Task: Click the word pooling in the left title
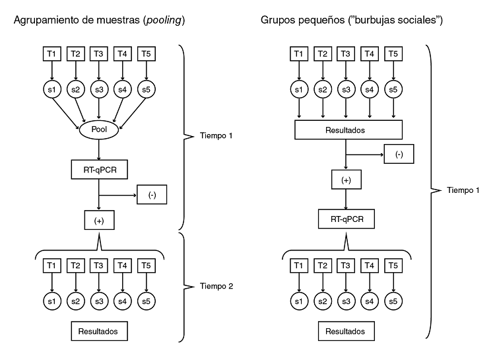[164, 21]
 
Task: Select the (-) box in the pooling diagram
[152, 196]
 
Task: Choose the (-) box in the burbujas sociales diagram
[400, 155]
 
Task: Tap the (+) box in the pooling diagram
[98, 220]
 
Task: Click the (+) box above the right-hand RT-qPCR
[345, 179]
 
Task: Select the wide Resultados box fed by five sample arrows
[345, 131]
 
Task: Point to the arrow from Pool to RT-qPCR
[98, 149]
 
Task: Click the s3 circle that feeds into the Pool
[98, 89]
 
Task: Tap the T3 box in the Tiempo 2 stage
[98, 266]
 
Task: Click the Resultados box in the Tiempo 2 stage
[98, 330]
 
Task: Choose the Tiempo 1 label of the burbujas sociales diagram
[463, 190]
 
